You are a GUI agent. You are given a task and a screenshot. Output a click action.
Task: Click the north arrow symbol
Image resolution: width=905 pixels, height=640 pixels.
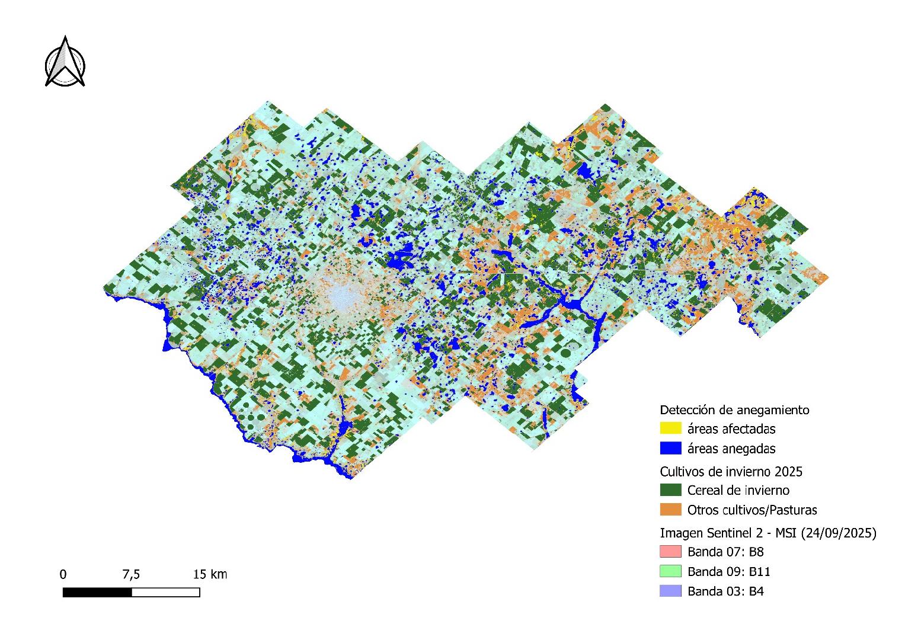pos(65,62)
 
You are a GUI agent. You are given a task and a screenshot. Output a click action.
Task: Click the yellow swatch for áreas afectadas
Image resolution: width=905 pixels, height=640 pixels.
pos(670,428)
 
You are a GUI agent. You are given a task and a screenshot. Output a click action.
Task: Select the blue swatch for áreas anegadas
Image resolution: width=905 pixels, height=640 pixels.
pos(670,448)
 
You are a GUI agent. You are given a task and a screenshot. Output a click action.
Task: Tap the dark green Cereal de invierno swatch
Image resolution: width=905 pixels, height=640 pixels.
pos(670,490)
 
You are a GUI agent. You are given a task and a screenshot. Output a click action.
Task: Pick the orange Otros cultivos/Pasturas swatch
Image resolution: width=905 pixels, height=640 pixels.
pos(670,510)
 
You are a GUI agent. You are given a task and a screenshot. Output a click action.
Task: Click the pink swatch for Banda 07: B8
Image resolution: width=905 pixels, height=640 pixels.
pos(670,552)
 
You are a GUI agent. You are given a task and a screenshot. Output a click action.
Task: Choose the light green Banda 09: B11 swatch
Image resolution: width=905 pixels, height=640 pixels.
pos(670,571)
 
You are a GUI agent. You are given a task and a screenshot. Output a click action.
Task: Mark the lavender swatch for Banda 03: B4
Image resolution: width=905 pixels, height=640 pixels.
pos(670,591)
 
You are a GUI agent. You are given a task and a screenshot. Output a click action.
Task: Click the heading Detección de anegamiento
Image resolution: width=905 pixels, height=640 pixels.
pos(734,409)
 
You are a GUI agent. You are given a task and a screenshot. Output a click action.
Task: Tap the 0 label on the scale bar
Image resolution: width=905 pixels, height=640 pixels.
pos(63,574)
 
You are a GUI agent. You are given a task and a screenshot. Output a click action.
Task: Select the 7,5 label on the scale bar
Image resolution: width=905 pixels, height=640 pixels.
pos(131,574)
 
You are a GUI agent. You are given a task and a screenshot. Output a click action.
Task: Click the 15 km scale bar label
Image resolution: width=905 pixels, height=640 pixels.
pos(210,574)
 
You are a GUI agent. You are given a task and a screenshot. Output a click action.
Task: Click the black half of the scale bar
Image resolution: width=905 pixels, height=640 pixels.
pos(97,592)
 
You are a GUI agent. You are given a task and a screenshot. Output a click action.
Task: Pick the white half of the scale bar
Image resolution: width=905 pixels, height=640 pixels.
pos(165,592)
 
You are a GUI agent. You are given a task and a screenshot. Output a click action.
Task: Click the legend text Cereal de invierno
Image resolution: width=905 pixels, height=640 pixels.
pos(738,490)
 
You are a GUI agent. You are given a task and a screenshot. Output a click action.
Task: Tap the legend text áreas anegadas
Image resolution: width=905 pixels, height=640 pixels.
pos(731,448)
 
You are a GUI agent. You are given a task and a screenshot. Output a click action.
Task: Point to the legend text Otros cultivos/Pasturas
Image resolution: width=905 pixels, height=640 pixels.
pos(752,510)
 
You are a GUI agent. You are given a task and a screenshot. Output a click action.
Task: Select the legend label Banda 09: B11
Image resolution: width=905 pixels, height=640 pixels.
pos(729,571)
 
